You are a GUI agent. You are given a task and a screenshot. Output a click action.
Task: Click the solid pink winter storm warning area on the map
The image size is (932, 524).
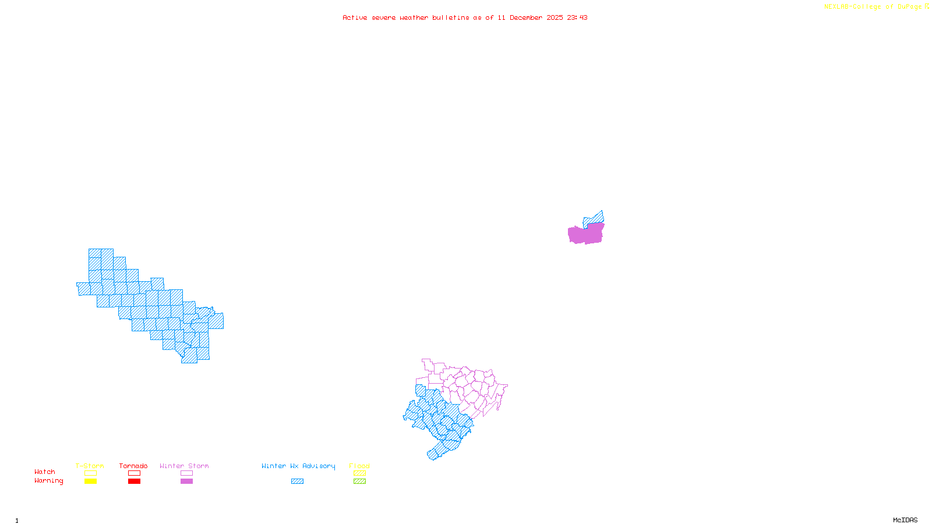coord(586,234)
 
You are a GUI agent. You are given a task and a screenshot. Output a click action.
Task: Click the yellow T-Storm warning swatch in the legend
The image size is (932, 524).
coord(90,481)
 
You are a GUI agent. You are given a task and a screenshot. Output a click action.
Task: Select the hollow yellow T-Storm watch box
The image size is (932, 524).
coord(90,473)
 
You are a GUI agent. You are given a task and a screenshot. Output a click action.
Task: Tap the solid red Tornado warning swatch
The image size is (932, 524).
coord(134,481)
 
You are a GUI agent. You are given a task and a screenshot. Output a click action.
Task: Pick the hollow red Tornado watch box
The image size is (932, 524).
coord(134,473)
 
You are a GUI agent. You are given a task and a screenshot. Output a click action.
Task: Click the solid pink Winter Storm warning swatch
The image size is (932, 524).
coord(186,481)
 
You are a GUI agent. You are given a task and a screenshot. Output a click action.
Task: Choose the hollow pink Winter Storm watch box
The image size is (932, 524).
coord(186,473)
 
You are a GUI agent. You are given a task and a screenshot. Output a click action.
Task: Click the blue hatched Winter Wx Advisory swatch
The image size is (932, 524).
coord(297,481)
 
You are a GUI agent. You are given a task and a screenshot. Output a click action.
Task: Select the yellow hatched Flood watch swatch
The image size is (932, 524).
coord(359,473)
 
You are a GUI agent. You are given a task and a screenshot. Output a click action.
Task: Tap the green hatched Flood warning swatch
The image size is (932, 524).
coord(359,481)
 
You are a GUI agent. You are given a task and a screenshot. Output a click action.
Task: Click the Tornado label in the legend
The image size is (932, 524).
coord(133,466)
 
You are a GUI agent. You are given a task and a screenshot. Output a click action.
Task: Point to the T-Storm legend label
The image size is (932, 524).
coord(90,466)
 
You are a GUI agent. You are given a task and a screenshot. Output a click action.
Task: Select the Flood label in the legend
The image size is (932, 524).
coord(359,466)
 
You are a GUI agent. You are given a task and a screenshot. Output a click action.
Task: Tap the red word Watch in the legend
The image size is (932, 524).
coord(45,472)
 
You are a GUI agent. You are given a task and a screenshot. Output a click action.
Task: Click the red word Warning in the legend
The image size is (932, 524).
coord(49,481)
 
